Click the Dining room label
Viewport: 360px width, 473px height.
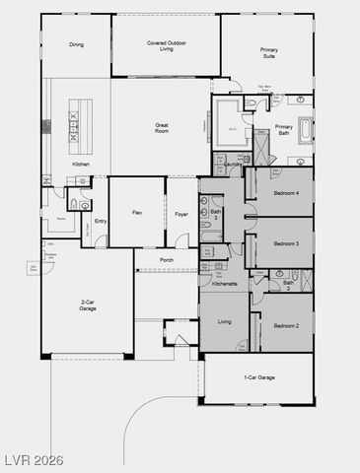(x=76, y=44)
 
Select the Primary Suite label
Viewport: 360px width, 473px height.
(x=268, y=51)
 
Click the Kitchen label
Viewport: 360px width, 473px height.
(x=82, y=165)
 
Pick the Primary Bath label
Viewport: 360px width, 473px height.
(x=284, y=129)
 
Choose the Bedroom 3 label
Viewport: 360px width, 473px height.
(x=285, y=241)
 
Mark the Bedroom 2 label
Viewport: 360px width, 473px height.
(x=285, y=324)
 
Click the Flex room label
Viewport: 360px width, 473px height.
(x=138, y=212)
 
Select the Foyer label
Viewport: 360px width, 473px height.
(x=181, y=212)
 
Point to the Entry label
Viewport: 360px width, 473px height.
(x=101, y=220)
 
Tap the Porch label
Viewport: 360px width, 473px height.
(x=167, y=261)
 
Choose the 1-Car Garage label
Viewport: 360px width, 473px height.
(x=258, y=377)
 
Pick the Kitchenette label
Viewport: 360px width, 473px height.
(x=225, y=284)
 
